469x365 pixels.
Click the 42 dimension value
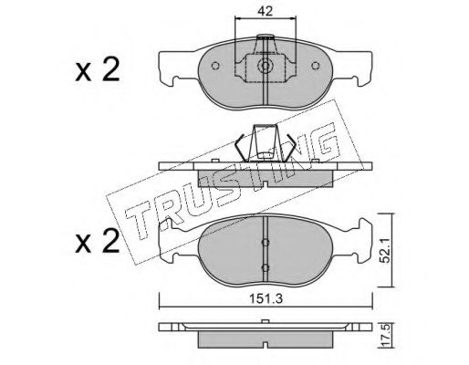[x=265, y=11]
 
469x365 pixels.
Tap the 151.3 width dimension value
[x=266, y=299]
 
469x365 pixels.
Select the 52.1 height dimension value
[x=386, y=250]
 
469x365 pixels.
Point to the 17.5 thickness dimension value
[x=386, y=336]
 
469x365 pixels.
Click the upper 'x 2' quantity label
[x=98, y=70]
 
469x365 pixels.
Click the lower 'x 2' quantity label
[x=98, y=242]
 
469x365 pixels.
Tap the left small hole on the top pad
[x=215, y=66]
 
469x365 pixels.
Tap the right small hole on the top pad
[x=316, y=66]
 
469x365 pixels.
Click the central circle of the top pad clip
[x=266, y=66]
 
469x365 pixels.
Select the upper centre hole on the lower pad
[x=266, y=242]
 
